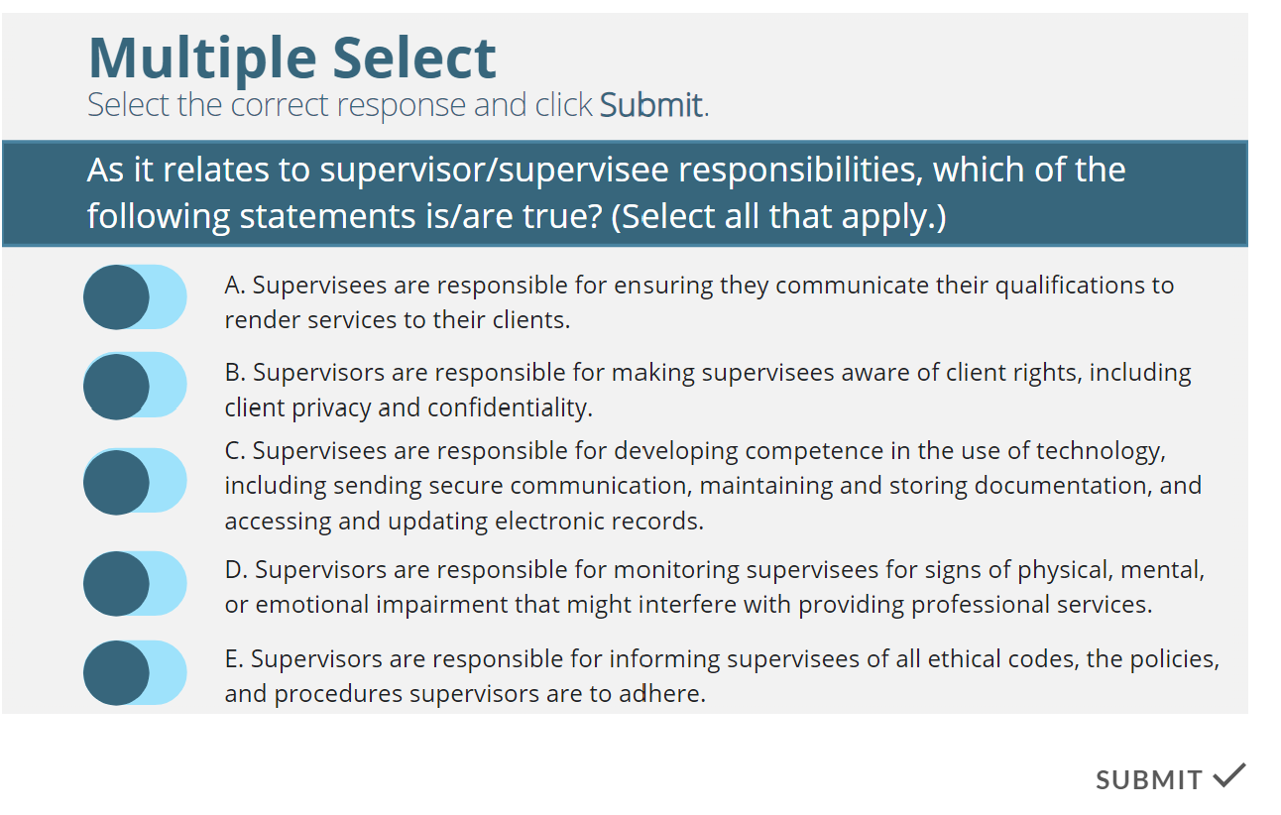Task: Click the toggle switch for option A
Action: tap(135, 296)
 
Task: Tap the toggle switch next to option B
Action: tap(135, 386)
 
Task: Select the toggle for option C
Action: tap(135, 481)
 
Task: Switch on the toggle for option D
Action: tap(135, 584)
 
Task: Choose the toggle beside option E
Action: tap(135, 673)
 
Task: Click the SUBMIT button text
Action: tap(1149, 780)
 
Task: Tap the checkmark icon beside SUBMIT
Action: tap(1228, 775)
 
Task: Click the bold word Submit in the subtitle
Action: tap(651, 105)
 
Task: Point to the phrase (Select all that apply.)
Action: tap(778, 216)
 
